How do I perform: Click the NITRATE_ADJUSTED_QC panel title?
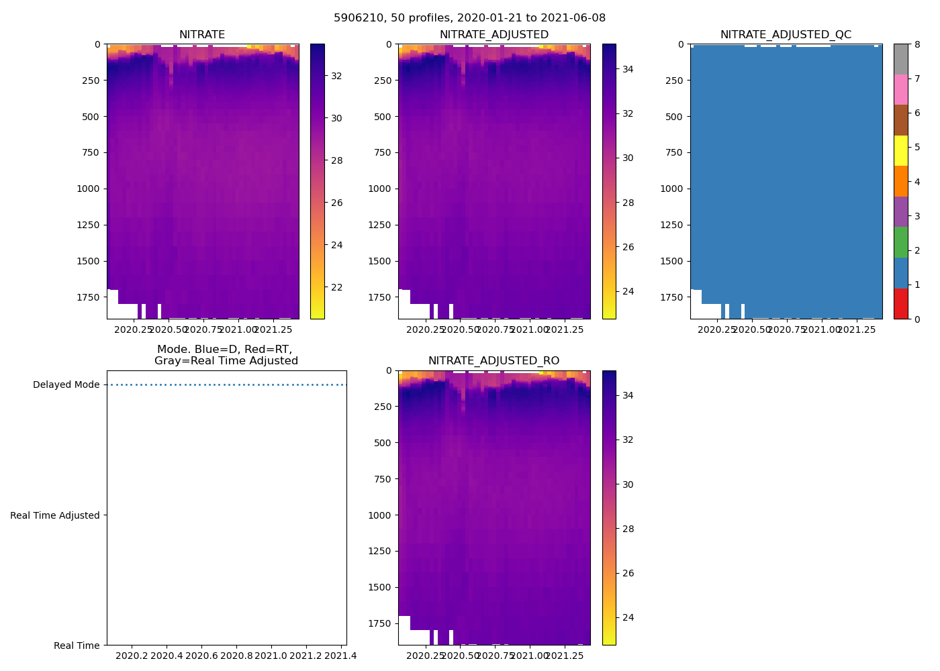click(786, 35)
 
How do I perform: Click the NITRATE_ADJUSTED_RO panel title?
click(493, 361)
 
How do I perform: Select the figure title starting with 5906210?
click(469, 18)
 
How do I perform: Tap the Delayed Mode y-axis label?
click(66, 385)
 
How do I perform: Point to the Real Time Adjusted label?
click(55, 515)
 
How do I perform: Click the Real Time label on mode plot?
click(77, 646)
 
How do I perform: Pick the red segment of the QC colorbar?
click(900, 303)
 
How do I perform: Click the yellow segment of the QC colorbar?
click(900, 150)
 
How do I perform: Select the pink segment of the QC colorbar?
click(900, 89)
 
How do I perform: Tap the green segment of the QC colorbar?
click(900, 242)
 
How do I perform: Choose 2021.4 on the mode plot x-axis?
click(341, 656)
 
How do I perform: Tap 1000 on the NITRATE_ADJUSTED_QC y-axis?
click(671, 189)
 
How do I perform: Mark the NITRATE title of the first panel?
click(202, 35)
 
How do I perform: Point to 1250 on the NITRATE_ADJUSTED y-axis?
click(381, 225)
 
